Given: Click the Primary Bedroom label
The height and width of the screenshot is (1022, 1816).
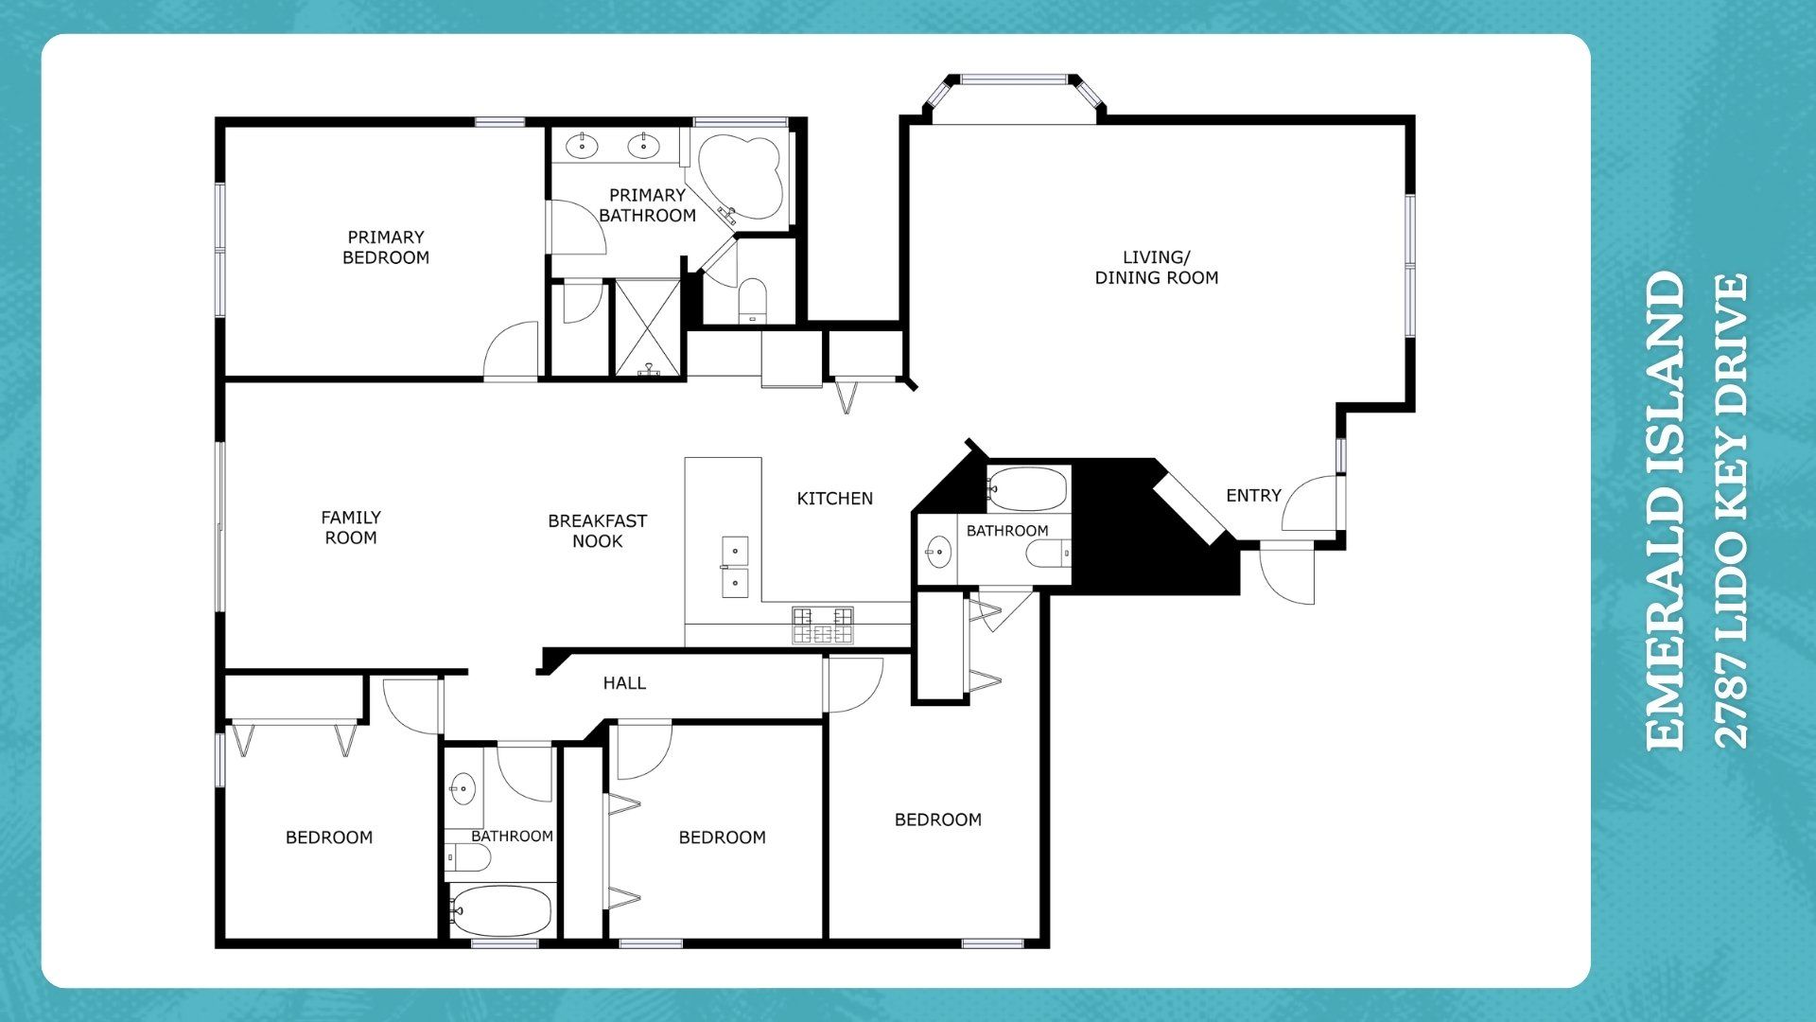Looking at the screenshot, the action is pos(386,247).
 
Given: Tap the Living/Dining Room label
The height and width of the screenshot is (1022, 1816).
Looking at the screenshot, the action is pos(1157,267).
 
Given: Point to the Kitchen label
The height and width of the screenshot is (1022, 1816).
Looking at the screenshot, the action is pos(834,498).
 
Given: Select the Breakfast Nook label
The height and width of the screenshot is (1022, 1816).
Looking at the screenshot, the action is pos(598,531).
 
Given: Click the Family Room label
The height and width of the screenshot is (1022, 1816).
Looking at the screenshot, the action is pos(351,527).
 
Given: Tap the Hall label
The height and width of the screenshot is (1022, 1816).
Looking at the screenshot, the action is pos(624,682).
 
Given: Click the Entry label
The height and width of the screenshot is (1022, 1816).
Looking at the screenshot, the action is pos(1253,495).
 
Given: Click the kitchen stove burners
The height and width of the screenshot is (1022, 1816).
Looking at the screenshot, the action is pos(823,626).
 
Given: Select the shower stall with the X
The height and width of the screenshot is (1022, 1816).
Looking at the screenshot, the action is pos(648,327).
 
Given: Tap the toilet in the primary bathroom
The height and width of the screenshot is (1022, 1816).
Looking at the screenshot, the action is pos(753,299).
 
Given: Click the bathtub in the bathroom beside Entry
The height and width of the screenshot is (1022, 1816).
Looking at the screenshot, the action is pos(1027,489).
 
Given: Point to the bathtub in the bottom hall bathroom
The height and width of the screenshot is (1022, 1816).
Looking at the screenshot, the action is pos(500,910).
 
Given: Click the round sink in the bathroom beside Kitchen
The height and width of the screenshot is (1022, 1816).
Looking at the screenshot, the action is pos(938,551).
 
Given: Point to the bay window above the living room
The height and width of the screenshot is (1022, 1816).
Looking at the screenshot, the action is pos(1014,95).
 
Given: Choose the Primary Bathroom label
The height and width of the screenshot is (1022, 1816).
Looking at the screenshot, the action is pos(648,205).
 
